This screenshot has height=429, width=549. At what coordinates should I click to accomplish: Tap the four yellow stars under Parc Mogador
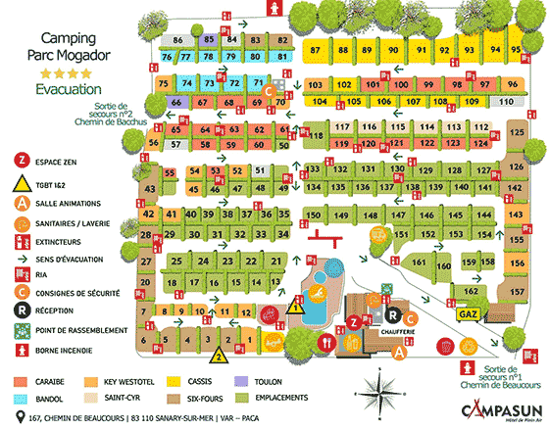[63, 72]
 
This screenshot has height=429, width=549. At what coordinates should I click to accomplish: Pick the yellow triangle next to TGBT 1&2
[19, 182]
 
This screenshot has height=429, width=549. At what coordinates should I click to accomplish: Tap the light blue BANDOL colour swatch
[22, 400]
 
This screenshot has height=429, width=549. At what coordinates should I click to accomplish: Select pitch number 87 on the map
[315, 49]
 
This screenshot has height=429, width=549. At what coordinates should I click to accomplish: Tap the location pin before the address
[8, 418]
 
